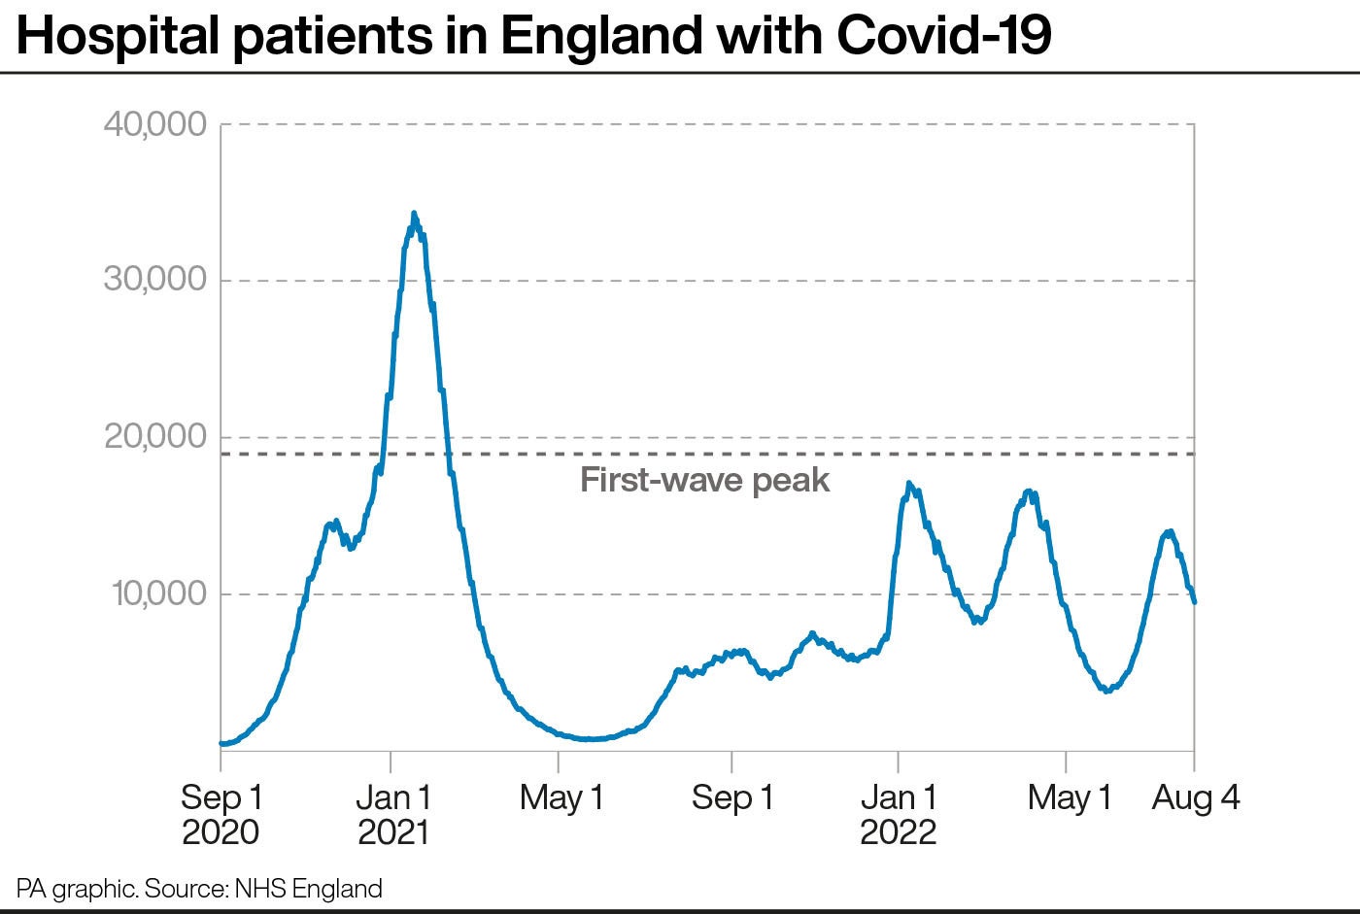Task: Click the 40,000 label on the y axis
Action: pos(155,124)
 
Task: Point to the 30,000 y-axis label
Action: pos(155,280)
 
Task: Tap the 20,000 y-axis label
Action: pos(155,437)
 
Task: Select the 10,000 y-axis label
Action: pos(159,593)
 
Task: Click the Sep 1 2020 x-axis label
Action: pos(221,814)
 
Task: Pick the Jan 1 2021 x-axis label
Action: pos(392,814)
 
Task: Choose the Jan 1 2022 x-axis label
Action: pos(899,814)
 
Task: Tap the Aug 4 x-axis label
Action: pos(1196,798)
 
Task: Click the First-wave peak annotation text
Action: pos(704,480)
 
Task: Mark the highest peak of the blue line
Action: pos(414,214)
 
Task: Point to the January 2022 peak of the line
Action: pos(908,484)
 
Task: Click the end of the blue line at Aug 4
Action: pos(1194,602)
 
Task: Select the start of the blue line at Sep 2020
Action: pos(222,744)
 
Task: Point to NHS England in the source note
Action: pos(309,888)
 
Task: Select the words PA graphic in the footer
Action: pos(76,888)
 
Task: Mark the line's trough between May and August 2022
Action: pos(1106,690)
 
